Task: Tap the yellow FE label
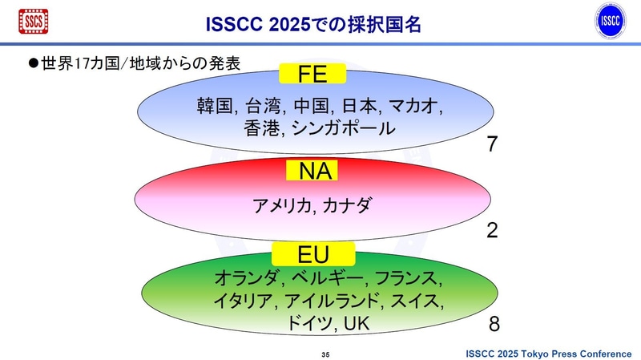pos(312,75)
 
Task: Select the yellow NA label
pos(312,171)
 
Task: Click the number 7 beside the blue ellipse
pos(493,145)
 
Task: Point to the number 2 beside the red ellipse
pos(493,231)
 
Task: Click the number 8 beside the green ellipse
pos(494,324)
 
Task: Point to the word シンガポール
pos(344,128)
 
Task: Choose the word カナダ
pos(348,205)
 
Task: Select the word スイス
pos(417,301)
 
